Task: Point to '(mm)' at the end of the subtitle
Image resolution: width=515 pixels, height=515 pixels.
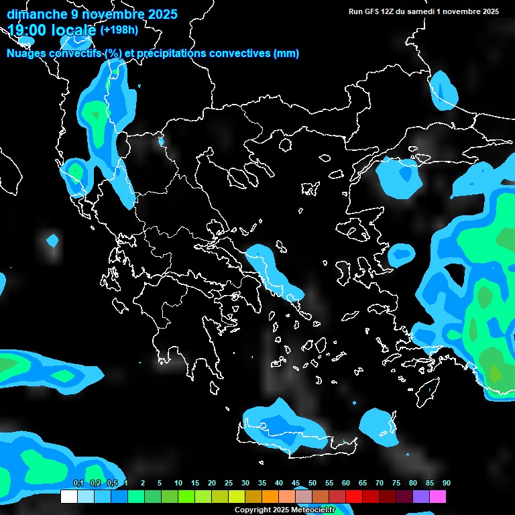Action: tap(286, 54)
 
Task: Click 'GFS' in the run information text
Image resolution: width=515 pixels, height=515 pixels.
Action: tap(379, 11)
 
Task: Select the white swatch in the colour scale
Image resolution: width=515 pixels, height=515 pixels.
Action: tap(68, 496)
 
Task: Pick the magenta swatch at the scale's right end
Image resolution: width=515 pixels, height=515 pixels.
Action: tap(438, 496)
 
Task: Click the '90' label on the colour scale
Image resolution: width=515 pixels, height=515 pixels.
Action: tap(447, 483)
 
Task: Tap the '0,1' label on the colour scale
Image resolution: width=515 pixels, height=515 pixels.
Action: tap(78, 483)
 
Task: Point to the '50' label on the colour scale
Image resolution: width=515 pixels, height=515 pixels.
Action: tap(312, 483)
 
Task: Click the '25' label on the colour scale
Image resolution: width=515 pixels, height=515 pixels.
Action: tap(229, 483)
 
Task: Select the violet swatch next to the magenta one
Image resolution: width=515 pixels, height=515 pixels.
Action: tap(421, 496)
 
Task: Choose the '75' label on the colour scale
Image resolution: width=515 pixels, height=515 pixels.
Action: tap(396, 483)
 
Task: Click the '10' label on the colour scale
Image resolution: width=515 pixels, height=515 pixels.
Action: tap(178, 483)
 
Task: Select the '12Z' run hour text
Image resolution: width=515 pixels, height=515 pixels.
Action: tap(396, 11)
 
